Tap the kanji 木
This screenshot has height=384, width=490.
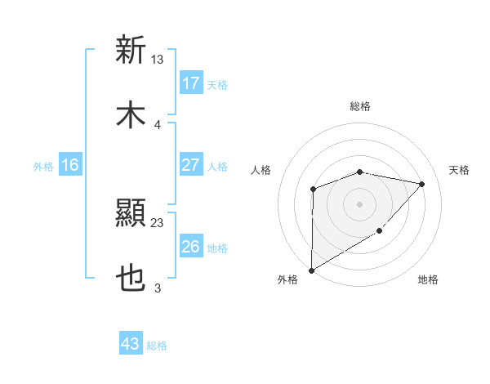[x=131, y=115]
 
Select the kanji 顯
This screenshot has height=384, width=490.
[x=131, y=215]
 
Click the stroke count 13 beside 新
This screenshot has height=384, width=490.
[x=158, y=59]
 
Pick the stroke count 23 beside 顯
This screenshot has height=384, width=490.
[x=158, y=222]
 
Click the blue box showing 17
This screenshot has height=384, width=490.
[x=191, y=83]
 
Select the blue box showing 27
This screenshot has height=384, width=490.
[x=191, y=165]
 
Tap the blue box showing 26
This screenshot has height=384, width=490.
[x=191, y=247]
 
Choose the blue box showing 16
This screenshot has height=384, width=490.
[x=70, y=165]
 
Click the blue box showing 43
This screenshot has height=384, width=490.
[x=131, y=344]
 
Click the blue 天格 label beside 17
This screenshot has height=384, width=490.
[x=217, y=84]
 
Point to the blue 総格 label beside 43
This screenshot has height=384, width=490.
[x=157, y=345]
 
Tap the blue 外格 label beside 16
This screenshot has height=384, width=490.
[x=43, y=166]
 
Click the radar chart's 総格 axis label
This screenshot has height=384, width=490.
[x=360, y=106]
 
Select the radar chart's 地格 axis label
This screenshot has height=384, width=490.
[x=428, y=280]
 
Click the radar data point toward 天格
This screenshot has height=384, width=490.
[x=422, y=184]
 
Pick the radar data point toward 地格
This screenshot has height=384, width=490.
[x=379, y=231]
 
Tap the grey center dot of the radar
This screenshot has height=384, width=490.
[x=359, y=204]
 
